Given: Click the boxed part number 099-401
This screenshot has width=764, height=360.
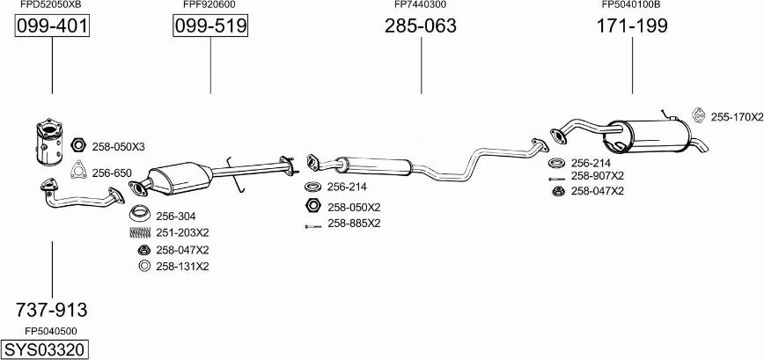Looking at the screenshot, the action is pyautogui.click(x=52, y=26).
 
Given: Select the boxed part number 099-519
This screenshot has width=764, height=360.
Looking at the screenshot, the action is pyautogui.click(x=210, y=26).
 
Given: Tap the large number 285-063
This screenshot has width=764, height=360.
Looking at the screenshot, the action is pyautogui.click(x=421, y=26).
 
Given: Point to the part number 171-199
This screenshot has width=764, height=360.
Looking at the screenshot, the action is pyautogui.click(x=632, y=26).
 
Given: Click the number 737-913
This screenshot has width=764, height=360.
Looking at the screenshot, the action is pyautogui.click(x=52, y=309).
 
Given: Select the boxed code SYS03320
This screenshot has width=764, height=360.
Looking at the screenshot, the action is pyautogui.click(x=45, y=349).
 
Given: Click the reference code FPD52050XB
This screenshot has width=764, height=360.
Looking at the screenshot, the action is pyautogui.click(x=51, y=5).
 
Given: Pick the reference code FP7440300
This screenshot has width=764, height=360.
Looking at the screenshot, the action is pyautogui.click(x=420, y=5).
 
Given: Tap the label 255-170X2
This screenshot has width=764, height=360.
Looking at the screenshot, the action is pyautogui.click(x=737, y=117).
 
